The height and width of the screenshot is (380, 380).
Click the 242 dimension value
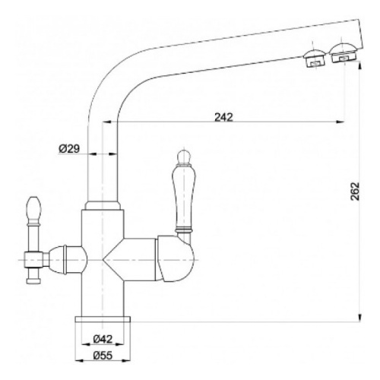[223, 117]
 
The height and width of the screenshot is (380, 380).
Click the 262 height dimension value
[355, 192]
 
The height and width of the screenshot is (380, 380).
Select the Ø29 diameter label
[69, 149]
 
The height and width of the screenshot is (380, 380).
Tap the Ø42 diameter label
[103, 339]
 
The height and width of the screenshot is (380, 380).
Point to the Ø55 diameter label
[103, 356]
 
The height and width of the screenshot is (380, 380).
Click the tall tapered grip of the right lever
[184, 196]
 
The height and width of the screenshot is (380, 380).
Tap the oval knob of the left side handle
[33, 209]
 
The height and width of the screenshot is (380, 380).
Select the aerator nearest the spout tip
[344, 53]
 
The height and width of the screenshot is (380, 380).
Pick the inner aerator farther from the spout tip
[314, 59]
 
